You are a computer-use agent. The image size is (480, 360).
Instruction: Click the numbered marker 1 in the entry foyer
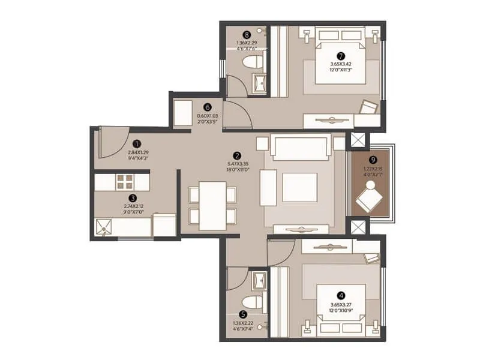click(x=137, y=144)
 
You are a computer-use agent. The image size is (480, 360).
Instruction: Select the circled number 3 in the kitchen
click(x=133, y=196)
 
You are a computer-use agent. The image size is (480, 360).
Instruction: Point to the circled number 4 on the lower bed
click(x=341, y=295)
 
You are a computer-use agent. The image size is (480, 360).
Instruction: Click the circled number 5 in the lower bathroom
click(x=243, y=313)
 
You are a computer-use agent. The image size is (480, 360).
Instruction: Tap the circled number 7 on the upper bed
click(x=341, y=55)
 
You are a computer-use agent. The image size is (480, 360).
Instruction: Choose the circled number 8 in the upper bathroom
click(x=246, y=34)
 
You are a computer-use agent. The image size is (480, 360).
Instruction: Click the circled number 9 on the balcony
click(x=373, y=160)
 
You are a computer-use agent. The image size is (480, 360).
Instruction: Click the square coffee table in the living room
click(x=299, y=187)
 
